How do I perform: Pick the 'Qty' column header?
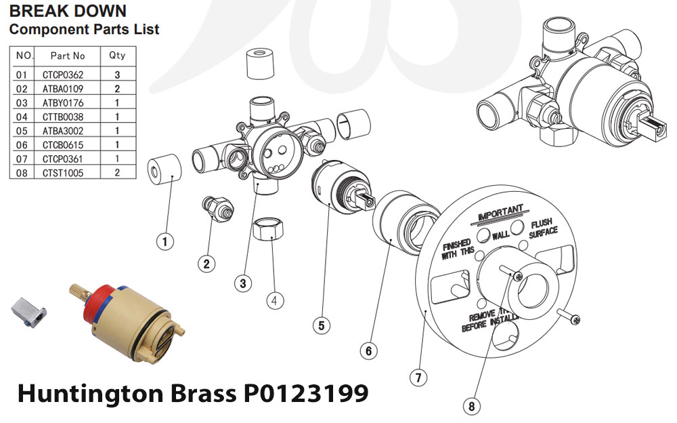pyautogui.click(x=117, y=55)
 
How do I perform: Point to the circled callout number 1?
pyautogui.click(x=165, y=240)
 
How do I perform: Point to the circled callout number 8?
pyautogui.click(x=471, y=406)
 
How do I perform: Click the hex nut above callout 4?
pyautogui.click(x=267, y=231)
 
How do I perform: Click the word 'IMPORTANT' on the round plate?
pyautogui.click(x=501, y=213)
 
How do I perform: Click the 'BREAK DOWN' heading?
pyautogui.click(x=67, y=12)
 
